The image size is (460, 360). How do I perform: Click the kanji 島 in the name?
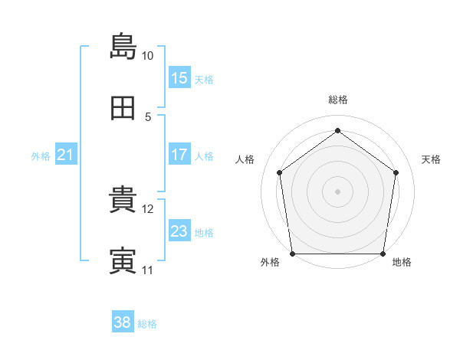[x=123, y=46]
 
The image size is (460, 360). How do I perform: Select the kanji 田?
[x=123, y=108]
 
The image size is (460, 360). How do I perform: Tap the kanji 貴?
[x=123, y=199]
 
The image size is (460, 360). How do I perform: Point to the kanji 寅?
[x=123, y=260]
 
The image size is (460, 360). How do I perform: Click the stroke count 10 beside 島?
[x=147, y=56]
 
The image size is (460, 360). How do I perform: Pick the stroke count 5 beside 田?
[x=148, y=117]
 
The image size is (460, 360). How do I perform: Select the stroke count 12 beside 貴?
[x=147, y=209]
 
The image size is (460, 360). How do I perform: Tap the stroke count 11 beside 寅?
[x=147, y=270]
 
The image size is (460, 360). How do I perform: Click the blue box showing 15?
[x=179, y=77]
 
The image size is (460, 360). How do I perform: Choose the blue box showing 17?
[x=179, y=154]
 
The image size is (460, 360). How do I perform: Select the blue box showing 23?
[x=179, y=230]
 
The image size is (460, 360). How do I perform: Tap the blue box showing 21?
[x=66, y=154]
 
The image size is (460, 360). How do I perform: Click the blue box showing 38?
[x=123, y=321]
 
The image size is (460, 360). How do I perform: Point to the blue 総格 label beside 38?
[x=147, y=324]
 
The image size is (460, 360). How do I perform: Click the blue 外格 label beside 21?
[x=41, y=156]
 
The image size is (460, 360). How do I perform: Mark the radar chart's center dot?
[x=337, y=191]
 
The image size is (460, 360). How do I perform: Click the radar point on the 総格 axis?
[x=337, y=130]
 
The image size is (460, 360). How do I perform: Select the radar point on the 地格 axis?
[x=383, y=254]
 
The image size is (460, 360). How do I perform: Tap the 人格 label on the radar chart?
[x=245, y=159]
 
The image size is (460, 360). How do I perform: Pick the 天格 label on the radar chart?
[x=431, y=159]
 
